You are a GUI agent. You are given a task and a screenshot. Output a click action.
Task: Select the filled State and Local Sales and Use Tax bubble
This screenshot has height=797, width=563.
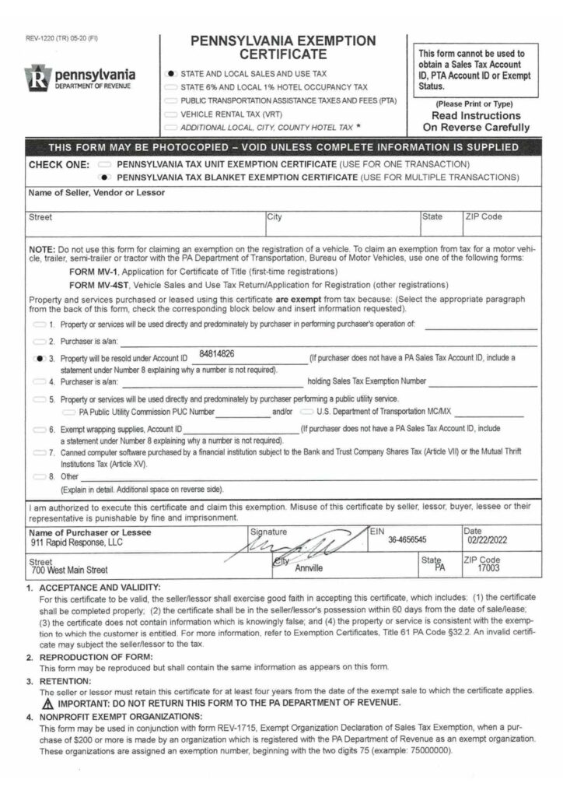[x=172, y=72]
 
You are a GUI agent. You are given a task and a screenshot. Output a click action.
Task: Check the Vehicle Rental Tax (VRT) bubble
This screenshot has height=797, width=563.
[x=172, y=113]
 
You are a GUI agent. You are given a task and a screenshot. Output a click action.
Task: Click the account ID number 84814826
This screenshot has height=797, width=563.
[x=217, y=354]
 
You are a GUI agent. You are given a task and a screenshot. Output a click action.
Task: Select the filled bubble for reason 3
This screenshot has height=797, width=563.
[x=39, y=359]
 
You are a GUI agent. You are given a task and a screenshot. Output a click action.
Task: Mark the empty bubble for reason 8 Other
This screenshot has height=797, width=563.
[x=39, y=475]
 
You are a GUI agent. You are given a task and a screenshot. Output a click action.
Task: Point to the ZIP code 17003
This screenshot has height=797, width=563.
[x=488, y=568]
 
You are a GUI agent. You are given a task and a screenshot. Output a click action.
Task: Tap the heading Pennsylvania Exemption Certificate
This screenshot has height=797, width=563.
[x=283, y=47]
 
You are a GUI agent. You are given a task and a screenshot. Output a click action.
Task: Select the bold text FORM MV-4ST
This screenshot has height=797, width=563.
[x=100, y=285]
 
